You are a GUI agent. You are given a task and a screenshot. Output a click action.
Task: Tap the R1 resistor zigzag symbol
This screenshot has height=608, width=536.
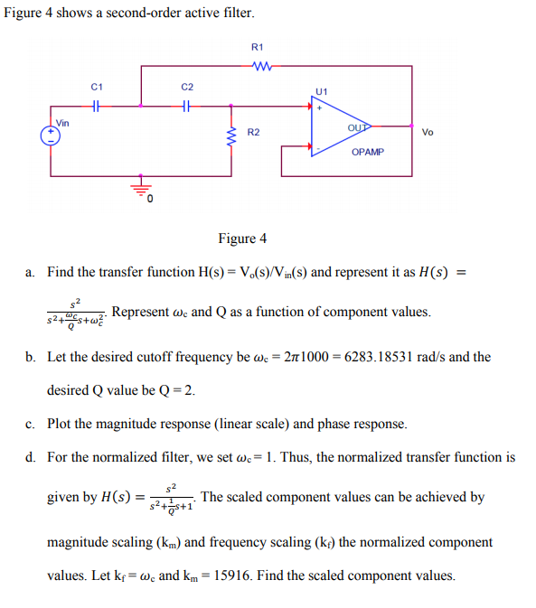point(259,64)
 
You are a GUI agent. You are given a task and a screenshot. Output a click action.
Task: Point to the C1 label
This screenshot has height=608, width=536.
point(98,87)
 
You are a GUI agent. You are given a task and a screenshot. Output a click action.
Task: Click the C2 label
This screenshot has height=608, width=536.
point(186,87)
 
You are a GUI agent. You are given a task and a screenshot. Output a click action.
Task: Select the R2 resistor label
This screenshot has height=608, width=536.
point(254,133)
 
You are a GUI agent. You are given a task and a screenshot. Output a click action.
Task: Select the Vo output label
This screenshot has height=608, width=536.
point(428,132)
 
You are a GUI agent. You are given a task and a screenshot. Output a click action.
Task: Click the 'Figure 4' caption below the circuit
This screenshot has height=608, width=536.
point(242,239)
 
